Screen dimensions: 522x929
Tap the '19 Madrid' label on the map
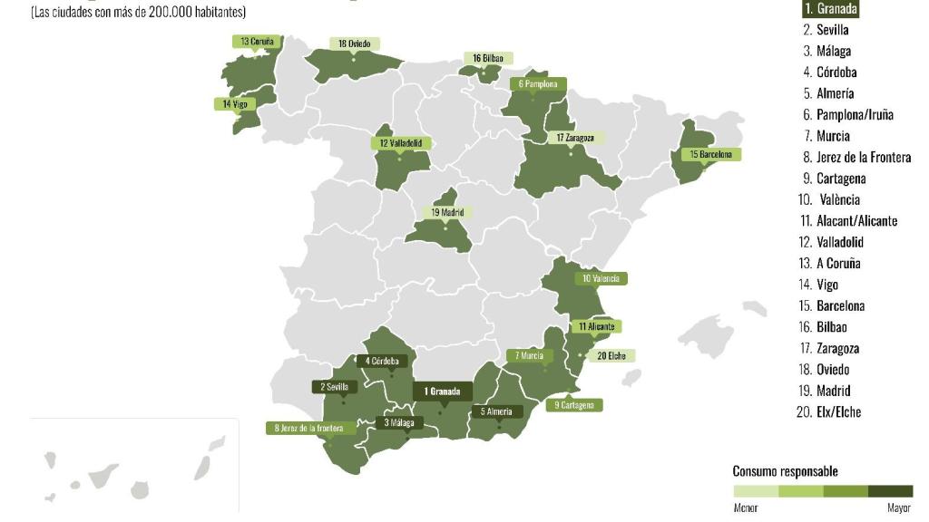point(447,212)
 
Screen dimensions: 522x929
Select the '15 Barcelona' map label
point(711,155)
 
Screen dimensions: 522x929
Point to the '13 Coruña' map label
point(258,42)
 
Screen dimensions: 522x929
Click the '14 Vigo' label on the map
point(234,104)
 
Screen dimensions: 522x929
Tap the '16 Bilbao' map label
point(487,58)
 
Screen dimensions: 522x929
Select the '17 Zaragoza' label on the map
point(575,138)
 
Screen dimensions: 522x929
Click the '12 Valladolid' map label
point(401,143)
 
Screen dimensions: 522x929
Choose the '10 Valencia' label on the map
point(600,279)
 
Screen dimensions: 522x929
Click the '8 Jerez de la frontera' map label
point(310,428)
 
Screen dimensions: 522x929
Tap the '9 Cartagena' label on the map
point(574,405)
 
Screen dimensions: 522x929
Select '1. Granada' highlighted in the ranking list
point(829,8)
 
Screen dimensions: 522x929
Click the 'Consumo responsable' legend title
point(785,471)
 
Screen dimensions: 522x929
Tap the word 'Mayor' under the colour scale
point(899,508)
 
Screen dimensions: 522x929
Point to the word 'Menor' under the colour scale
point(745,508)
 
